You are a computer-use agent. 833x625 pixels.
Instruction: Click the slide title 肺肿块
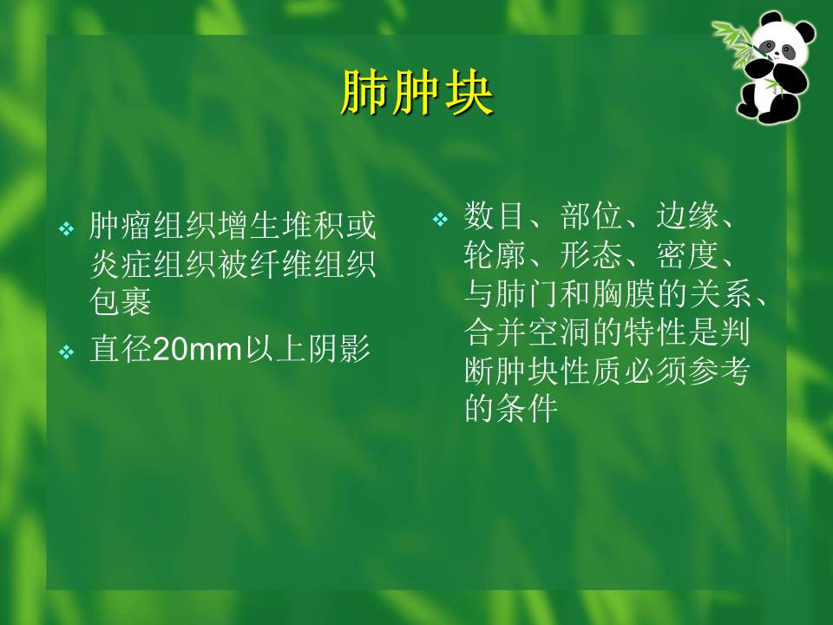tap(416, 95)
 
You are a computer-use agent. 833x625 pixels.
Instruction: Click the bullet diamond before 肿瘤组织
tap(67, 229)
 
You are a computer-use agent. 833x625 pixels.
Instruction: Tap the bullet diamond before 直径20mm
tap(67, 352)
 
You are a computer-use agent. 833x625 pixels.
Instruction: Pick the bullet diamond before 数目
tap(440, 219)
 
